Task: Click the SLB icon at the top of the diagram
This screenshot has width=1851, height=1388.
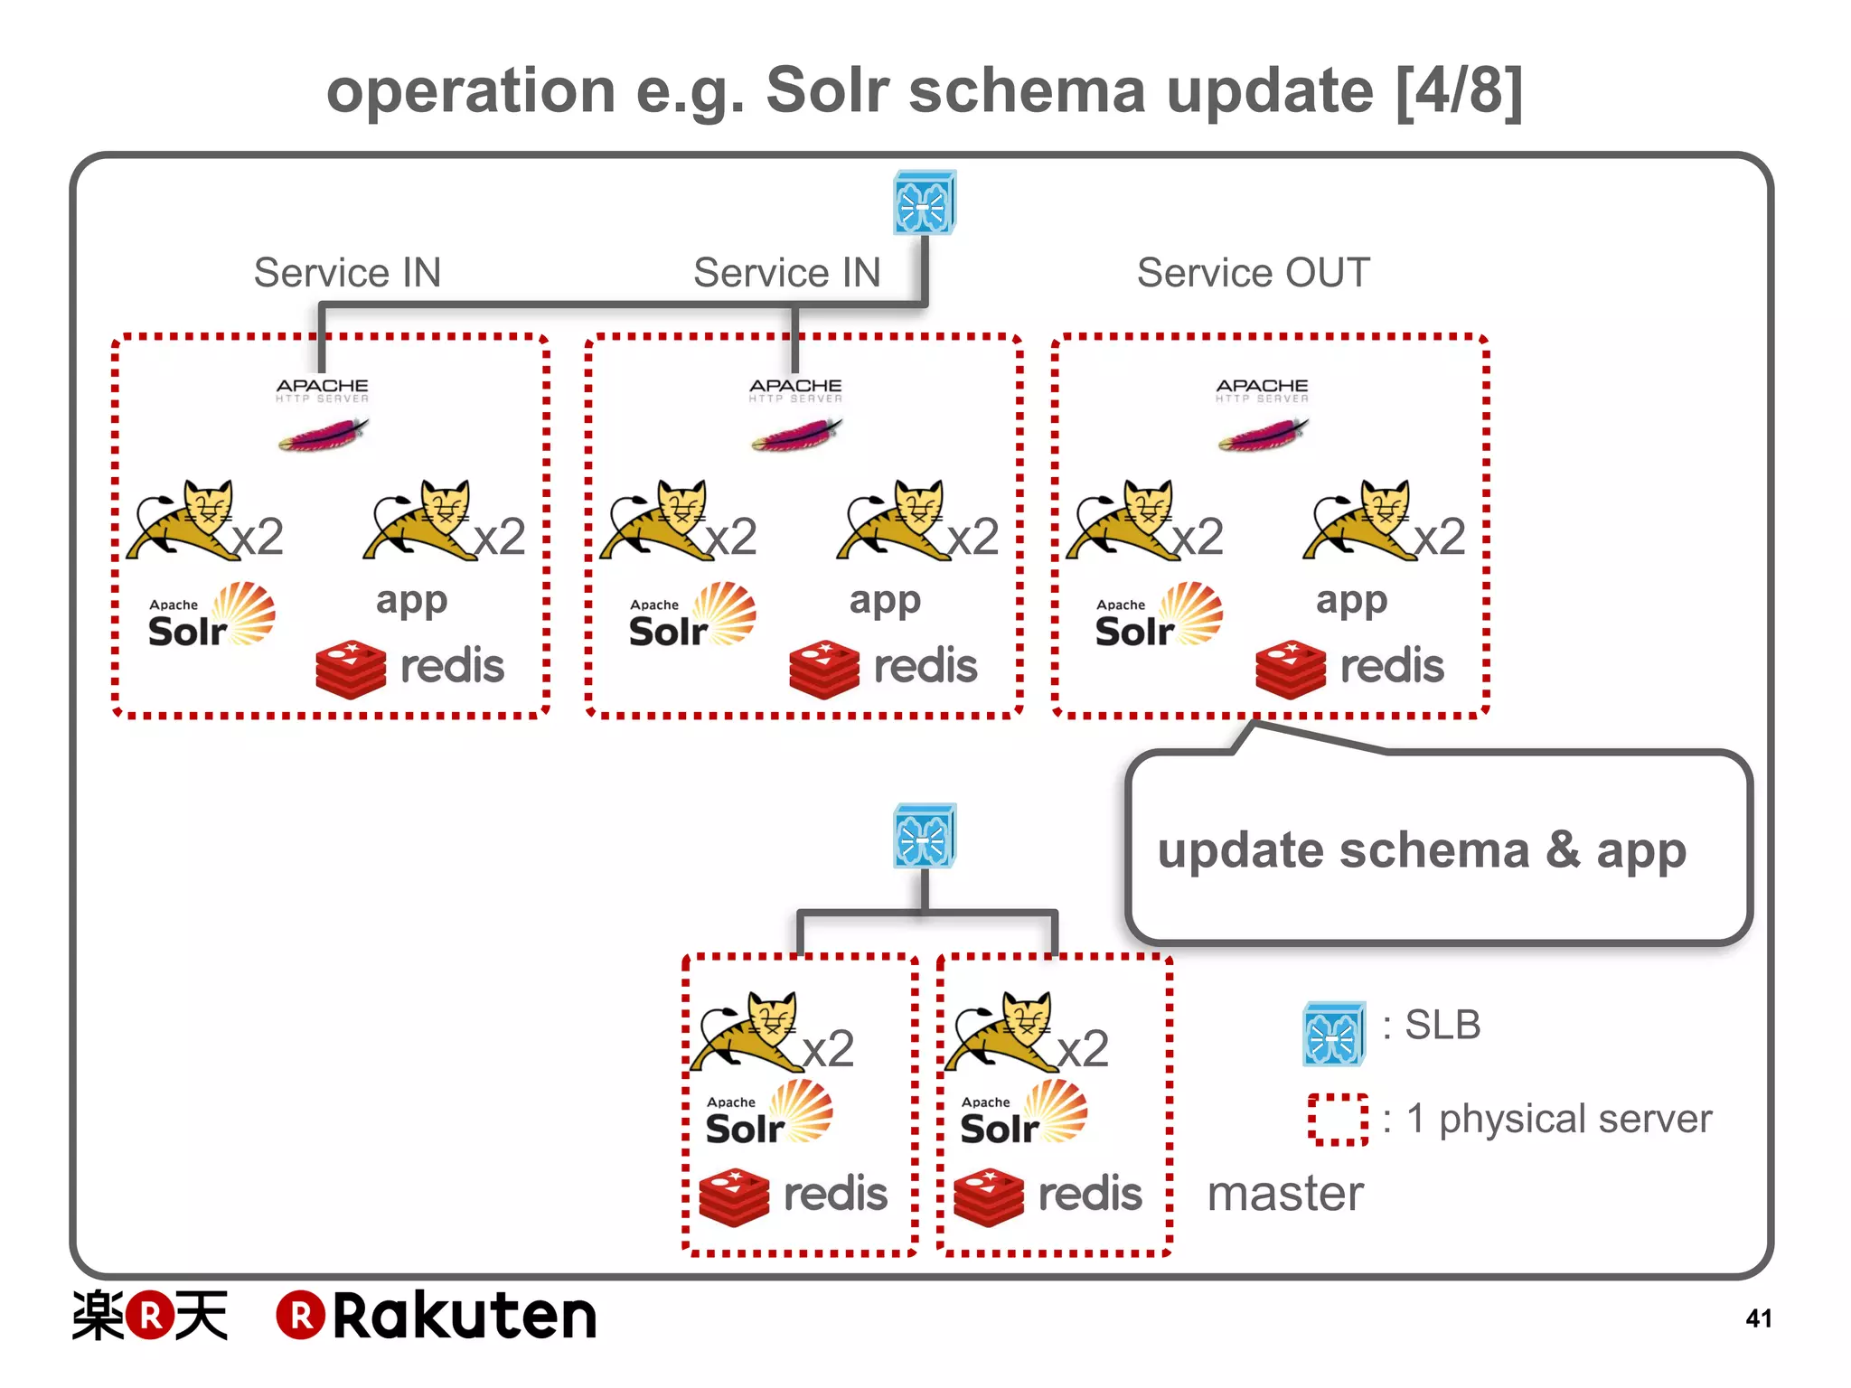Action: tap(924, 202)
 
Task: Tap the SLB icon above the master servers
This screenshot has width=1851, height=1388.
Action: tap(924, 835)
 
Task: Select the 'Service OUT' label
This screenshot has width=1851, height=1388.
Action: tap(1253, 273)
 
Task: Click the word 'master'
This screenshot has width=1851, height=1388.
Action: tap(1285, 1194)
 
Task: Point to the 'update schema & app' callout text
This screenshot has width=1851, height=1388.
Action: tap(1422, 850)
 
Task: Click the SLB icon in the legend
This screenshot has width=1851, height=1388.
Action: tap(1333, 1033)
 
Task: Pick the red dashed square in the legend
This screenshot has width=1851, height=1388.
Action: tap(1338, 1120)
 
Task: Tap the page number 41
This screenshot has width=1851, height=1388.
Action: tap(1758, 1318)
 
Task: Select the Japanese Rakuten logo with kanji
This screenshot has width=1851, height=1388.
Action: tap(150, 1316)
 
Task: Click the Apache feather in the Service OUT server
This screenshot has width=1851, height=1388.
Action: tap(1263, 435)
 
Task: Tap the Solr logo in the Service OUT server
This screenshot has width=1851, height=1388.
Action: tap(1158, 616)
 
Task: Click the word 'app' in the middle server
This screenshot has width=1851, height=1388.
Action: tap(885, 601)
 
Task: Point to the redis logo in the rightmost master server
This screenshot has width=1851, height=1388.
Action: tap(1048, 1196)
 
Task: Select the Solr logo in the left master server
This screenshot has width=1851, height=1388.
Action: tap(768, 1114)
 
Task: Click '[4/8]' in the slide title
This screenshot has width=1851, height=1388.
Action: tap(1459, 91)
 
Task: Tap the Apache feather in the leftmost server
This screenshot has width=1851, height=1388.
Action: tap(323, 435)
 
